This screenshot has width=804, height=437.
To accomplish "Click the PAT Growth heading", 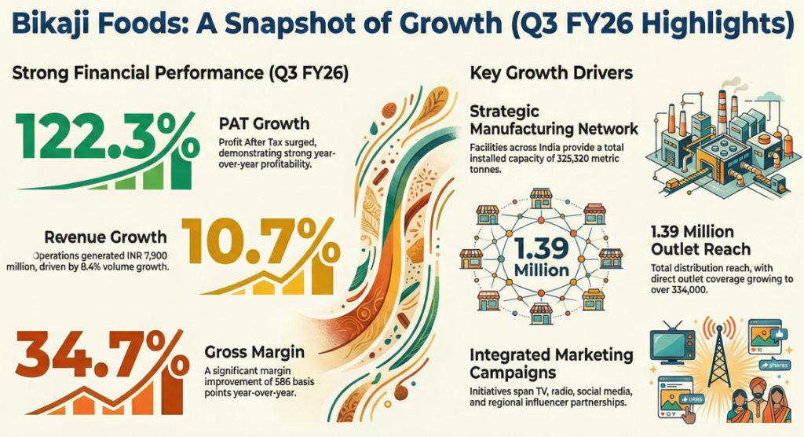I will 265,123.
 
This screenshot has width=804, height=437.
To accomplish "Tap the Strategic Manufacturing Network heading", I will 554,119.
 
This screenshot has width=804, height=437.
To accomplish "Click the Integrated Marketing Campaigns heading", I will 551,362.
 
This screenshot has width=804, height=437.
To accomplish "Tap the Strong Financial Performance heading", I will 181,75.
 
